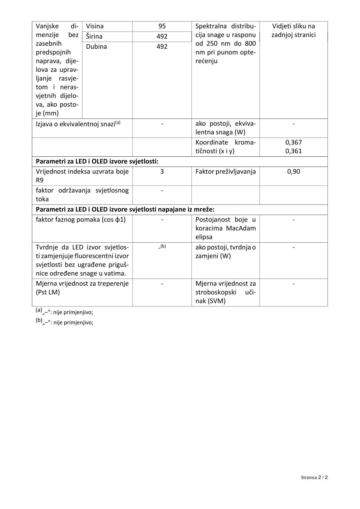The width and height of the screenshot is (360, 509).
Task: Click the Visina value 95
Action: pos(162,26)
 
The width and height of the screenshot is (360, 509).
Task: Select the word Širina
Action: pos(94,37)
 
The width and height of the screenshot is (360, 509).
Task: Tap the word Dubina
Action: pos(96,47)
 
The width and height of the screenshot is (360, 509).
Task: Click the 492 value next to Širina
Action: pos(162,37)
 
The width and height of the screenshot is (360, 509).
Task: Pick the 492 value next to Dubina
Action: pos(162,47)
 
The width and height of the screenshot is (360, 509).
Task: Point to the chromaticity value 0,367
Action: pos(294,142)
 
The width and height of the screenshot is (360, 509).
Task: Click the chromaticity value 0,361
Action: pos(294,151)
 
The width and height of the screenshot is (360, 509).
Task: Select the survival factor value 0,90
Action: pos(294,172)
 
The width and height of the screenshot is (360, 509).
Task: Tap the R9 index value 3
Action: pos(162,172)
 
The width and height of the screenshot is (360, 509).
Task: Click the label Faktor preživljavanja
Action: pos(225,172)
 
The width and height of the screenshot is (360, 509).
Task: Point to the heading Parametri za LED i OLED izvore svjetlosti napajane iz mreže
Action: pos(125,209)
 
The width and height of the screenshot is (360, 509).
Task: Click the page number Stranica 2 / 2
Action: pos(314,477)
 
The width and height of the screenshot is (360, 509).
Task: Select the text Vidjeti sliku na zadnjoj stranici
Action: pos(294,30)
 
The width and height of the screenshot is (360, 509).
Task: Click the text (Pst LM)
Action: pos(48,292)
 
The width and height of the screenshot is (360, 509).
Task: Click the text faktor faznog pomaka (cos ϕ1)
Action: pos(81,220)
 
